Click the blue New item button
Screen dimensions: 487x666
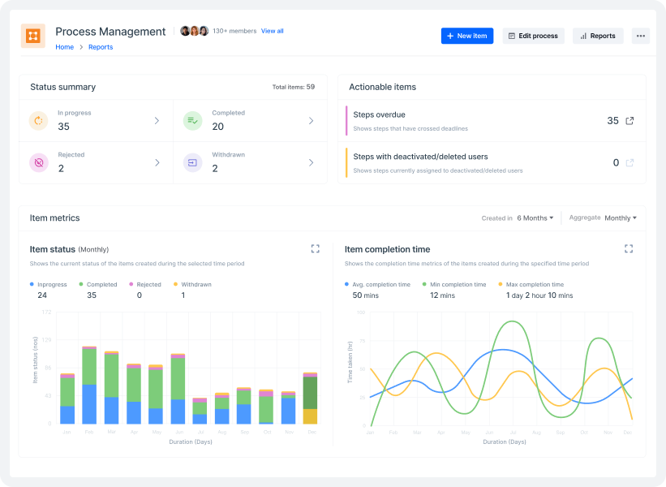click(467, 36)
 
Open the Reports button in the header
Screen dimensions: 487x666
click(598, 36)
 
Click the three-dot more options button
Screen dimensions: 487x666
click(641, 36)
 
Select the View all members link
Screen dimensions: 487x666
click(273, 31)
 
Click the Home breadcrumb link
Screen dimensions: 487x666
click(64, 47)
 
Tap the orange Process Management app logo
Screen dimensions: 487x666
click(33, 36)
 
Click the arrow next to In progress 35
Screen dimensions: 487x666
click(157, 121)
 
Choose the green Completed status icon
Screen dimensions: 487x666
click(192, 121)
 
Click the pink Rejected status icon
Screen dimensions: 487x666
click(38, 162)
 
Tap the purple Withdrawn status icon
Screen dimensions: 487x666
click(192, 162)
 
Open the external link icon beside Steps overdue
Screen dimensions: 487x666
click(629, 121)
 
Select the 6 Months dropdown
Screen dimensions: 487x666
click(535, 218)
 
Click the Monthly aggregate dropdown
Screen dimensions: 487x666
click(621, 218)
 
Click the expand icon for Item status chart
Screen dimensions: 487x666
click(316, 249)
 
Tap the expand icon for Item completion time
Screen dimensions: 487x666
click(628, 249)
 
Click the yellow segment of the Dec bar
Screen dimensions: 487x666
click(310, 416)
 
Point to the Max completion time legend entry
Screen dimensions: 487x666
click(534, 285)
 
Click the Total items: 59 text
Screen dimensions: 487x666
click(294, 87)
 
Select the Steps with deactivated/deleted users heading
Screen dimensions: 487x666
click(420, 157)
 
